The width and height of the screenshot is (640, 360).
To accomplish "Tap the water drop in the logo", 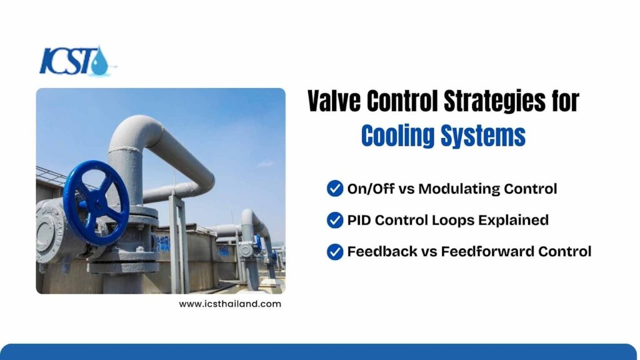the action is (x=99, y=62).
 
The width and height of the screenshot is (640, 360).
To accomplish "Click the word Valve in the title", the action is (x=334, y=101).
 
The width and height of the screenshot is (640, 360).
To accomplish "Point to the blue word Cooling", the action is (x=398, y=136).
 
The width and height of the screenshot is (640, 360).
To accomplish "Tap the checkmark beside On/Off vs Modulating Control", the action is (x=335, y=189).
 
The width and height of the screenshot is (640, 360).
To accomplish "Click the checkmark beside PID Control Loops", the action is (x=335, y=220).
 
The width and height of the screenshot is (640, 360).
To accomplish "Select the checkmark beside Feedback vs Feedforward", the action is (x=335, y=252).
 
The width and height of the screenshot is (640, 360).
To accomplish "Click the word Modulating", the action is (x=459, y=189).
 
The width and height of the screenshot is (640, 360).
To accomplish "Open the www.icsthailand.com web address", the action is (x=230, y=304).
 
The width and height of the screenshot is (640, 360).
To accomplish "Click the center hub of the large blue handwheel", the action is (x=97, y=202).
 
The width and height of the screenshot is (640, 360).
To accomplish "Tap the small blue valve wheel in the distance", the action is (x=258, y=243).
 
